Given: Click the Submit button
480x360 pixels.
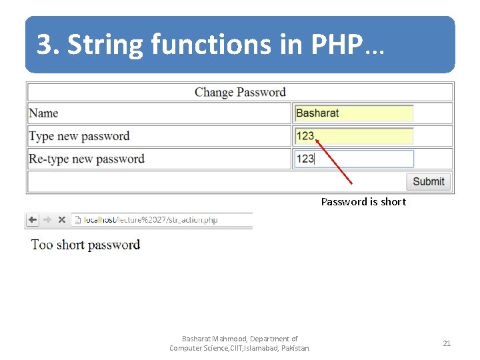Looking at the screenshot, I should [428, 181].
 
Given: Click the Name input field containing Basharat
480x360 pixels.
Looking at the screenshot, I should [353, 113].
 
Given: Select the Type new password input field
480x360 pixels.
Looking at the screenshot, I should [353, 136].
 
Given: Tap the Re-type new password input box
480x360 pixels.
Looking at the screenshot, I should [353, 159].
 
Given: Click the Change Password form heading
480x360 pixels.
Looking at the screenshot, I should [240, 92].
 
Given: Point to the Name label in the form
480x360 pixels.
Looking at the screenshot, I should [43, 113].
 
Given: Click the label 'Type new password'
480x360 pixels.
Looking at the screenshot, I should [79, 136].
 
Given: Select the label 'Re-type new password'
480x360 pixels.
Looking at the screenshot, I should [86, 159].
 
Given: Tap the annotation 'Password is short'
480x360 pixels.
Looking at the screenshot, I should [363, 201].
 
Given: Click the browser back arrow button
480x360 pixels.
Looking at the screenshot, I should [32, 219].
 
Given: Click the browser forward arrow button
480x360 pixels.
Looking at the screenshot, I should [47, 219].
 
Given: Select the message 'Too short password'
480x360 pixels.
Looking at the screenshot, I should [85, 245].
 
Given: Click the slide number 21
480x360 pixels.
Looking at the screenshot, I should [447, 343].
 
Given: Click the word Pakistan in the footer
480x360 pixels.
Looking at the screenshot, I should [295, 348].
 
